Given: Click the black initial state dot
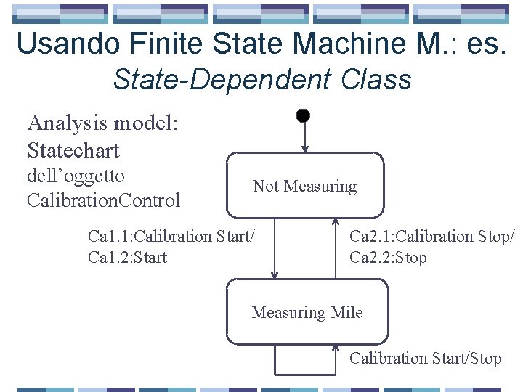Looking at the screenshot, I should pyautogui.click(x=304, y=115).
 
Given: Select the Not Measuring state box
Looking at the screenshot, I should pyautogui.click(x=304, y=186).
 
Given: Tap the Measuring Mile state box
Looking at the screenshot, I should pyautogui.click(x=307, y=312).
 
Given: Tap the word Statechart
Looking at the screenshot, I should pyautogui.click(x=73, y=151).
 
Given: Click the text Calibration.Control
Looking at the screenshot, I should pyautogui.click(x=103, y=200).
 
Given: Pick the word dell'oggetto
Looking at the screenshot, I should pyautogui.click(x=76, y=176).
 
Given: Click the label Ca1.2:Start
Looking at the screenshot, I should pyautogui.click(x=127, y=257).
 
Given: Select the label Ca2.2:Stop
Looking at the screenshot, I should pyautogui.click(x=388, y=257).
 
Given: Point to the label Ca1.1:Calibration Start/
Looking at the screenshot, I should pyautogui.click(x=171, y=236).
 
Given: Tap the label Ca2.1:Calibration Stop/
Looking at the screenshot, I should pyautogui.click(x=432, y=236).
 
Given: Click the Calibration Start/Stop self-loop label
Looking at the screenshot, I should pyautogui.click(x=425, y=358).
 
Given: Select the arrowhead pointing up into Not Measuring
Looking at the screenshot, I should pyautogui.click(x=336, y=223).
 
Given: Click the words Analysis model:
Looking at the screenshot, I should pyautogui.click(x=102, y=124).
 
